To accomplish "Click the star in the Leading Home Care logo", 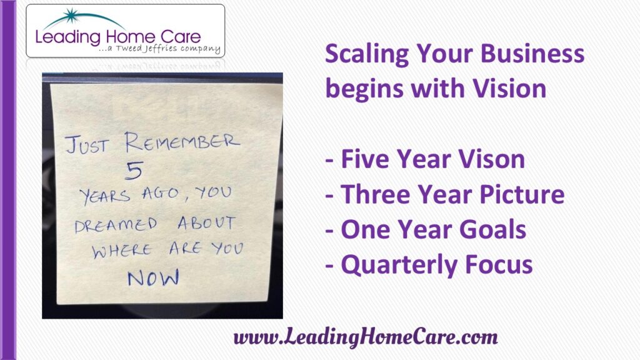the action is (x=72, y=16).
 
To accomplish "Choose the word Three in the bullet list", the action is (x=375, y=194).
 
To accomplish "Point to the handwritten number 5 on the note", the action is (x=134, y=171).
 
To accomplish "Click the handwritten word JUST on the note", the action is (x=87, y=145).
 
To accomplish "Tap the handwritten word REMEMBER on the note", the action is (x=182, y=142).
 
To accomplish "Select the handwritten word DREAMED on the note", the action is (x=116, y=225).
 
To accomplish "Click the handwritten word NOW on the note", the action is (x=154, y=278).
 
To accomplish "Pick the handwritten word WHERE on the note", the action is (x=122, y=251).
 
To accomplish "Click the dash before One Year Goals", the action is (x=329, y=231).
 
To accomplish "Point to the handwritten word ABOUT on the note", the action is (x=206, y=223).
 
